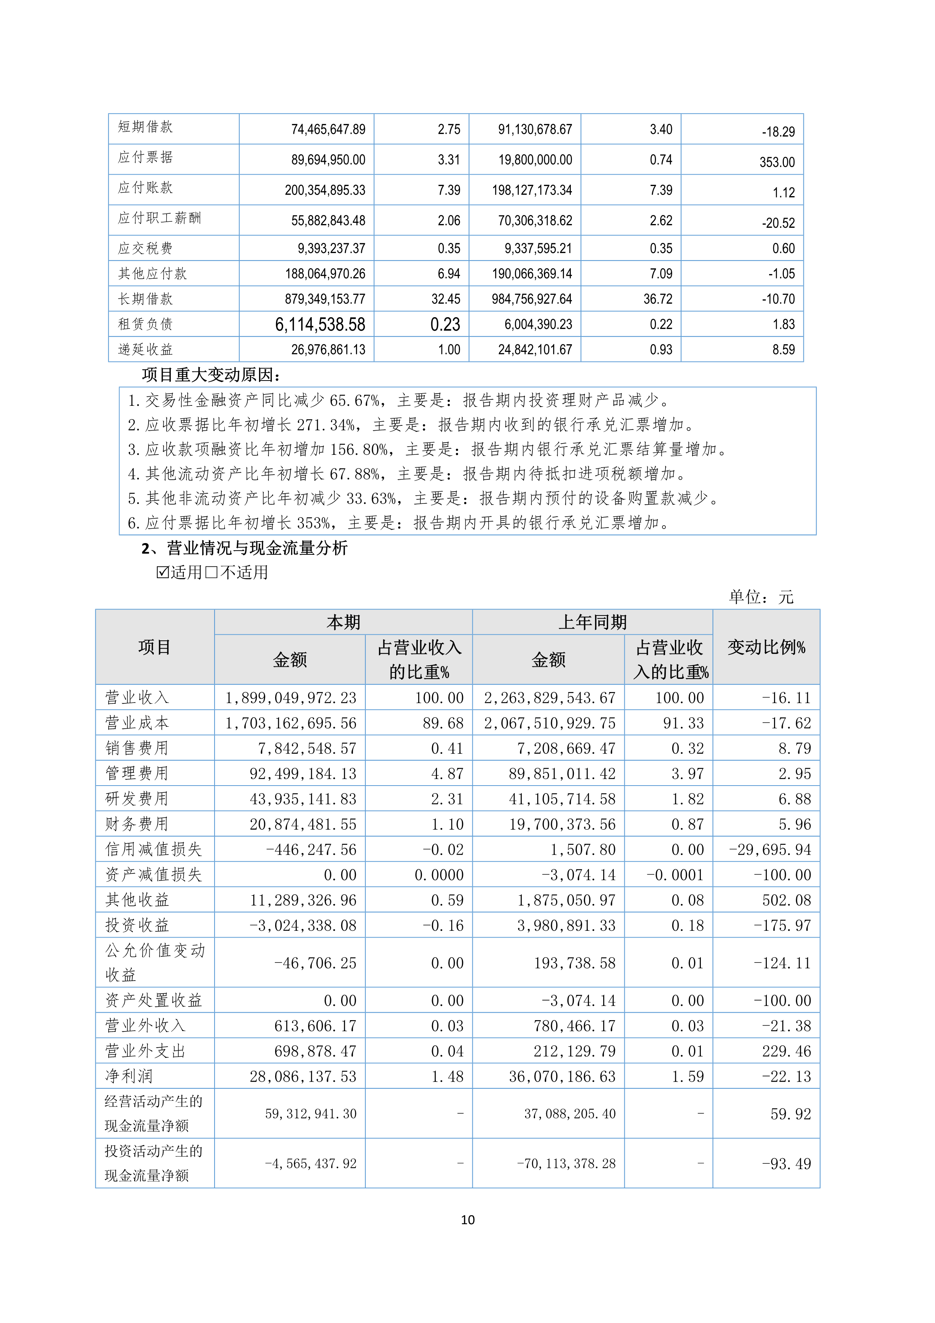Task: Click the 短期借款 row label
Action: (x=145, y=127)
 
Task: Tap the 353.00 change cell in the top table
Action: (x=777, y=163)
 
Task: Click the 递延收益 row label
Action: (x=145, y=349)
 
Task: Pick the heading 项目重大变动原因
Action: (x=211, y=375)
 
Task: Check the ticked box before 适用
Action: (x=162, y=572)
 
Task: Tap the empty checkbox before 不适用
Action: (x=212, y=572)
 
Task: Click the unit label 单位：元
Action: (x=760, y=597)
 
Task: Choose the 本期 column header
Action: (x=343, y=622)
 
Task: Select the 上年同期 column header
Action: (x=592, y=622)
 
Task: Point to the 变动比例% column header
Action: (x=766, y=647)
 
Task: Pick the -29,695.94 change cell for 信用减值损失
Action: (x=769, y=849)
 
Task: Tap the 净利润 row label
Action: (x=129, y=1076)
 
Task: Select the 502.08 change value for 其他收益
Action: (x=786, y=900)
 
